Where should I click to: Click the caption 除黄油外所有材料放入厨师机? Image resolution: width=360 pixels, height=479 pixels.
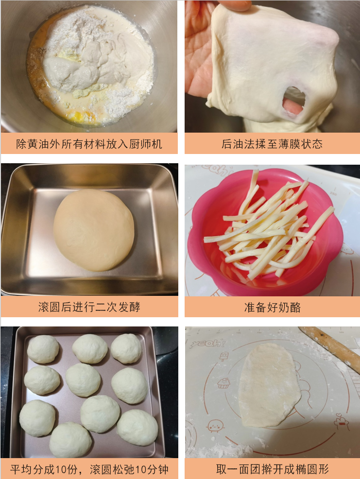click(89, 144)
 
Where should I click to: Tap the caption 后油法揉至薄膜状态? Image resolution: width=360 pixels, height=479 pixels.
click(272, 144)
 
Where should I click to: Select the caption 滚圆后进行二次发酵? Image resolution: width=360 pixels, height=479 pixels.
click(89, 307)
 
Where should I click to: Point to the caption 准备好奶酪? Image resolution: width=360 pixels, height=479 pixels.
click(272, 307)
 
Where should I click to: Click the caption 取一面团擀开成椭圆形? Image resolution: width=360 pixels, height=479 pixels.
click(272, 469)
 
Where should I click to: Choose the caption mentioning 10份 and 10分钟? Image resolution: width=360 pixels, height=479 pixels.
click(89, 469)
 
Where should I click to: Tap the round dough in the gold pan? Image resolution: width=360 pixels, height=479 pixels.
click(94, 229)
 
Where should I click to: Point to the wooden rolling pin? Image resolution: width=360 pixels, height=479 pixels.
click(330, 347)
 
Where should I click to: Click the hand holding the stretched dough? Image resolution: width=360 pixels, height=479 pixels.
click(199, 53)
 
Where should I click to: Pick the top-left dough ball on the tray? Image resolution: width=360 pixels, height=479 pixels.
click(43, 349)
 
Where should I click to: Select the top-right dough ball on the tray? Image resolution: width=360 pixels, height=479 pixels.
click(126, 348)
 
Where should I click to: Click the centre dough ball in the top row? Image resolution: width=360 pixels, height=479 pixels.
click(89, 348)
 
